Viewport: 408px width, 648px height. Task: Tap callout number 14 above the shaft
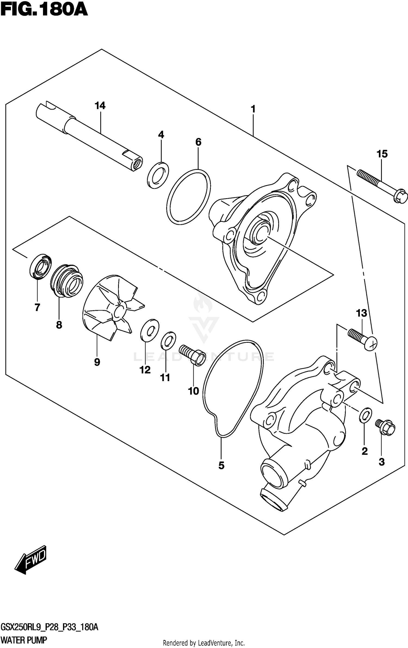click(100, 105)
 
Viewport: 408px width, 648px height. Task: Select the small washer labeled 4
click(158, 175)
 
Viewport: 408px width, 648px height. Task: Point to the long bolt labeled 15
click(382, 185)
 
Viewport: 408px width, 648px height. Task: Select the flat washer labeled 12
click(150, 330)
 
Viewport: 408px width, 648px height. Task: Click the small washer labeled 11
click(168, 341)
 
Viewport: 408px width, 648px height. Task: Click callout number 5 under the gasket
click(221, 466)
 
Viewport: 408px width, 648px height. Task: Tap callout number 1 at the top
click(253, 109)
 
